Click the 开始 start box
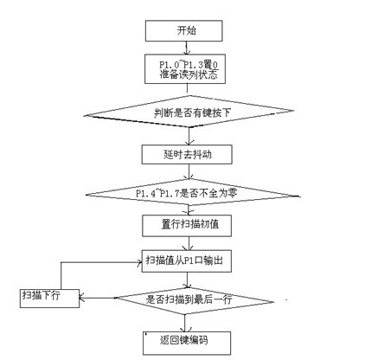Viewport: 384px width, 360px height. click(x=183, y=30)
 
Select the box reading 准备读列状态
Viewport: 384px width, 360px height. click(x=185, y=69)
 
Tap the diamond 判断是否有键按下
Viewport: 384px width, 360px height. click(x=189, y=112)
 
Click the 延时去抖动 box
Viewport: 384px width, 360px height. click(x=187, y=154)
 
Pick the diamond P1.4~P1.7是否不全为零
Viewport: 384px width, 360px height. click(x=193, y=192)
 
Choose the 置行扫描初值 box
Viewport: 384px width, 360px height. click(x=187, y=226)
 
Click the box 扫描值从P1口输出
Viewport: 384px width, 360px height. click(x=187, y=261)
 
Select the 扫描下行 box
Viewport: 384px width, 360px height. click(x=49, y=299)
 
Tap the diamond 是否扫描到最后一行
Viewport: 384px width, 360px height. click(x=194, y=301)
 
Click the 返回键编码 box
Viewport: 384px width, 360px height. click(x=187, y=343)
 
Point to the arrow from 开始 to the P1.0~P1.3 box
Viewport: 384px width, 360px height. click(x=187, y=48)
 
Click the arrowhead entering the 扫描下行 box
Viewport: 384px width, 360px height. click(x=82, y=298)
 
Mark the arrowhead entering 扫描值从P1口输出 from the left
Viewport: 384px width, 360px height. click(x=139, y=262)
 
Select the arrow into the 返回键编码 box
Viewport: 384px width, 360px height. click(x=185, y=323)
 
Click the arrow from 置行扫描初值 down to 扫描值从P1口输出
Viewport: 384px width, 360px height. click(x=189, y=243)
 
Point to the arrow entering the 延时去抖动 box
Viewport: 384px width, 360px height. click(x=189, y=136)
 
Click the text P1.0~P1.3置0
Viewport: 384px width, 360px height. click(x=189, y=65)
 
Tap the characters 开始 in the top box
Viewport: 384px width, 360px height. click(x=187, y=30)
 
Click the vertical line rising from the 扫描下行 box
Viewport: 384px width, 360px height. click(x=61, y=276)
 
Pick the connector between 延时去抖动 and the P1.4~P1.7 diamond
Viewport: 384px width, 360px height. click(x=189, y=172)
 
